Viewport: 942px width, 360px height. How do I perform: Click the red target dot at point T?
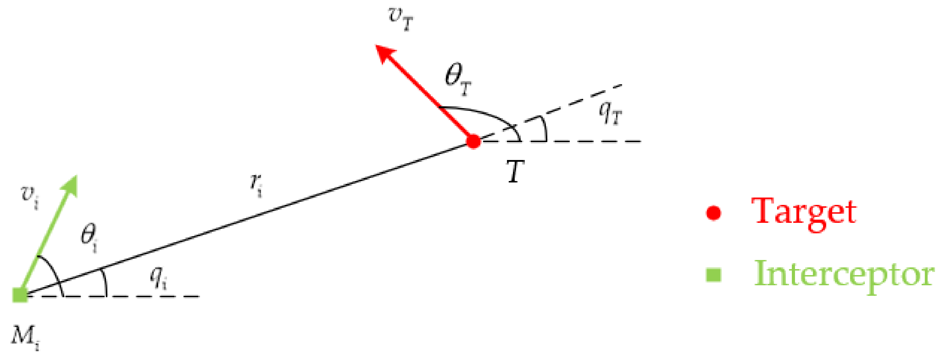tap(474, 142)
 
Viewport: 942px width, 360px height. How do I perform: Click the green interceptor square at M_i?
tap(20, 295)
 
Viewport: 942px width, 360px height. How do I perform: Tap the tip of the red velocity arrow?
tap(377, 46)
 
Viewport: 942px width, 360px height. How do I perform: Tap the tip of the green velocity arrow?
tap(76, 176)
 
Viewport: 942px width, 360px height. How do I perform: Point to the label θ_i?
tap(89, 238)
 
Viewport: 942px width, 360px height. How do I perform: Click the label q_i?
tap(159, 278)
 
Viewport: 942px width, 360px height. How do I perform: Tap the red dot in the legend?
tap(714, 213)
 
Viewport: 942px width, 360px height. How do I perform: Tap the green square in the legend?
tap(714, 275)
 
